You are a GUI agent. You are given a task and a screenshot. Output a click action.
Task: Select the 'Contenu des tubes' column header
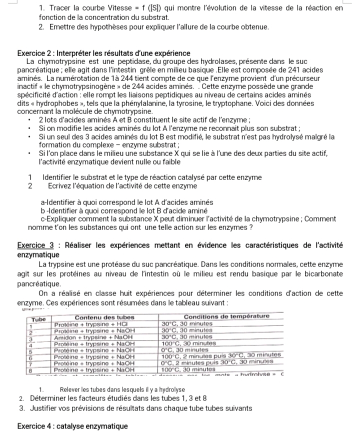pyautogui.click(x=102, y=316)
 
